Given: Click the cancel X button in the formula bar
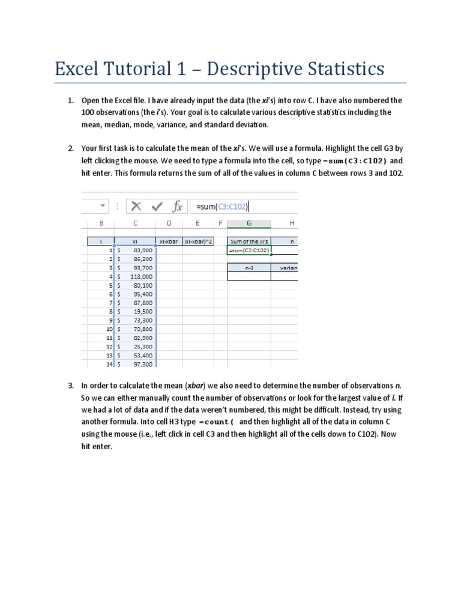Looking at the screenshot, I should (136, 207).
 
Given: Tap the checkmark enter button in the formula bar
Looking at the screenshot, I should (157, 207).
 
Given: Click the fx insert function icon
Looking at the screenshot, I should (177, 207).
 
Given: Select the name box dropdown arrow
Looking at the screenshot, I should (102, 206).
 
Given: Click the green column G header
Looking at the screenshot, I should (249, 223).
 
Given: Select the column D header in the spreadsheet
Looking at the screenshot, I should (169, 223).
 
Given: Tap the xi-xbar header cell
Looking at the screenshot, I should (169, 241).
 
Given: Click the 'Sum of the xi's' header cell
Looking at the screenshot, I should (249, 241).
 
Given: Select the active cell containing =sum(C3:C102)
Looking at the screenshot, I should (249, 250).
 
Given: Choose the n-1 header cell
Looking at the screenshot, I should (249, 268).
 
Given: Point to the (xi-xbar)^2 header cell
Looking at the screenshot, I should (197, 241).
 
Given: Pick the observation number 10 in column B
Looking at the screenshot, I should (109, 329).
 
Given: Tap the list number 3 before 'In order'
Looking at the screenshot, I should (70, 386).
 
